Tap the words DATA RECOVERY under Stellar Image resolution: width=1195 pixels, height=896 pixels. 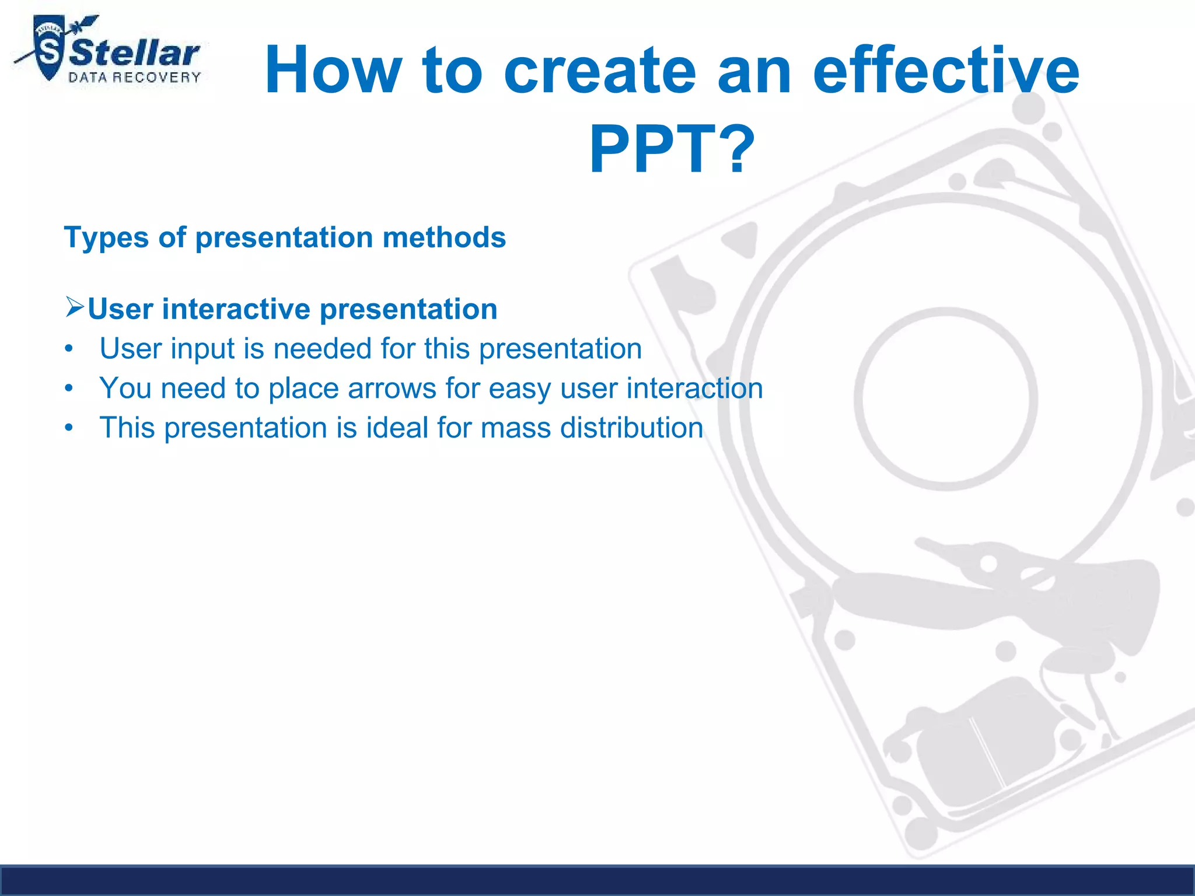pyautogui.click(x=135, y=78)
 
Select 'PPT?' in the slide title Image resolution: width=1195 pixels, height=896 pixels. pyautogui.click(x=672, y=150)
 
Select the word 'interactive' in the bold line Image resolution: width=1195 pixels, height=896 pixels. pyautogui.click(x=240, y=309)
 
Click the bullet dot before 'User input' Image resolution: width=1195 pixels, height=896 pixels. pyautogui.click(x=69, y=349)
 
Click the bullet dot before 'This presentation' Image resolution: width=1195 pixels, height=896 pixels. pyautogui.click(x=69, y=428)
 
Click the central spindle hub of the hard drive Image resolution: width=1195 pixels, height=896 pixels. pyautogui.click(x=946, y=398)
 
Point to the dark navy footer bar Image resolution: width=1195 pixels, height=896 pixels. pyautogui.click(x=597, y=881)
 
